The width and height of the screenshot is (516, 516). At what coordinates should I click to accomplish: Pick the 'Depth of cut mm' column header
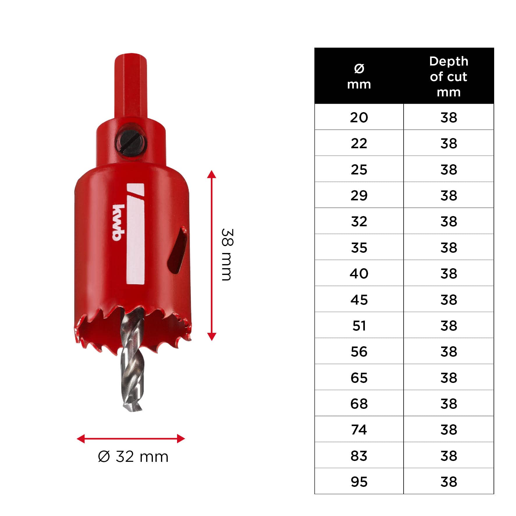pyautogui.click(x=449, y=77)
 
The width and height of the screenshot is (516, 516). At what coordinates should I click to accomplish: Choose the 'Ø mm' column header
pyautogui.click(x=359, y=77)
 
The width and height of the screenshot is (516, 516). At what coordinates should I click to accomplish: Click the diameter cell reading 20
pyautogui.click(x=359, y=117)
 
